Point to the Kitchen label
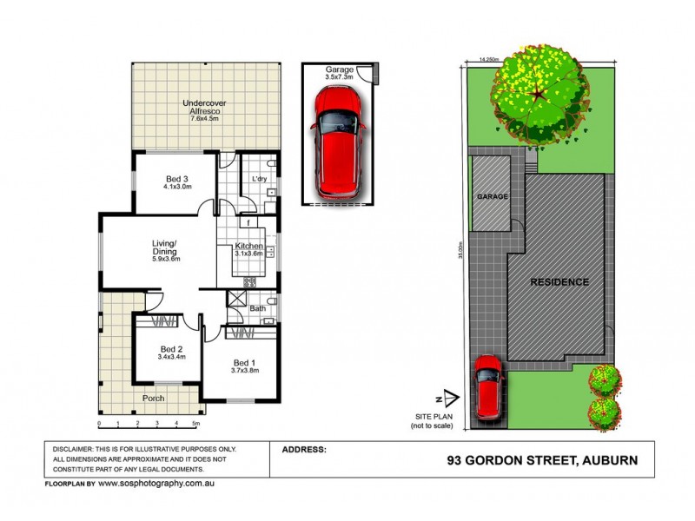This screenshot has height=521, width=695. click(249, 247)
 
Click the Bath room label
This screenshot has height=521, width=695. click(258, 307)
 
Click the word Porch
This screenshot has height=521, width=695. click(153, 399)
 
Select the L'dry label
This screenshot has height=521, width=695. click(258, 179)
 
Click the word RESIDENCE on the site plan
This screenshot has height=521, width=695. click(560, 282)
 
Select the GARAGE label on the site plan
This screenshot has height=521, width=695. click(491, 197)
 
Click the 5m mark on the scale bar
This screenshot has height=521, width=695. click(196, 424)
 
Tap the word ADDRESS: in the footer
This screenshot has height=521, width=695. click(304, 450)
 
